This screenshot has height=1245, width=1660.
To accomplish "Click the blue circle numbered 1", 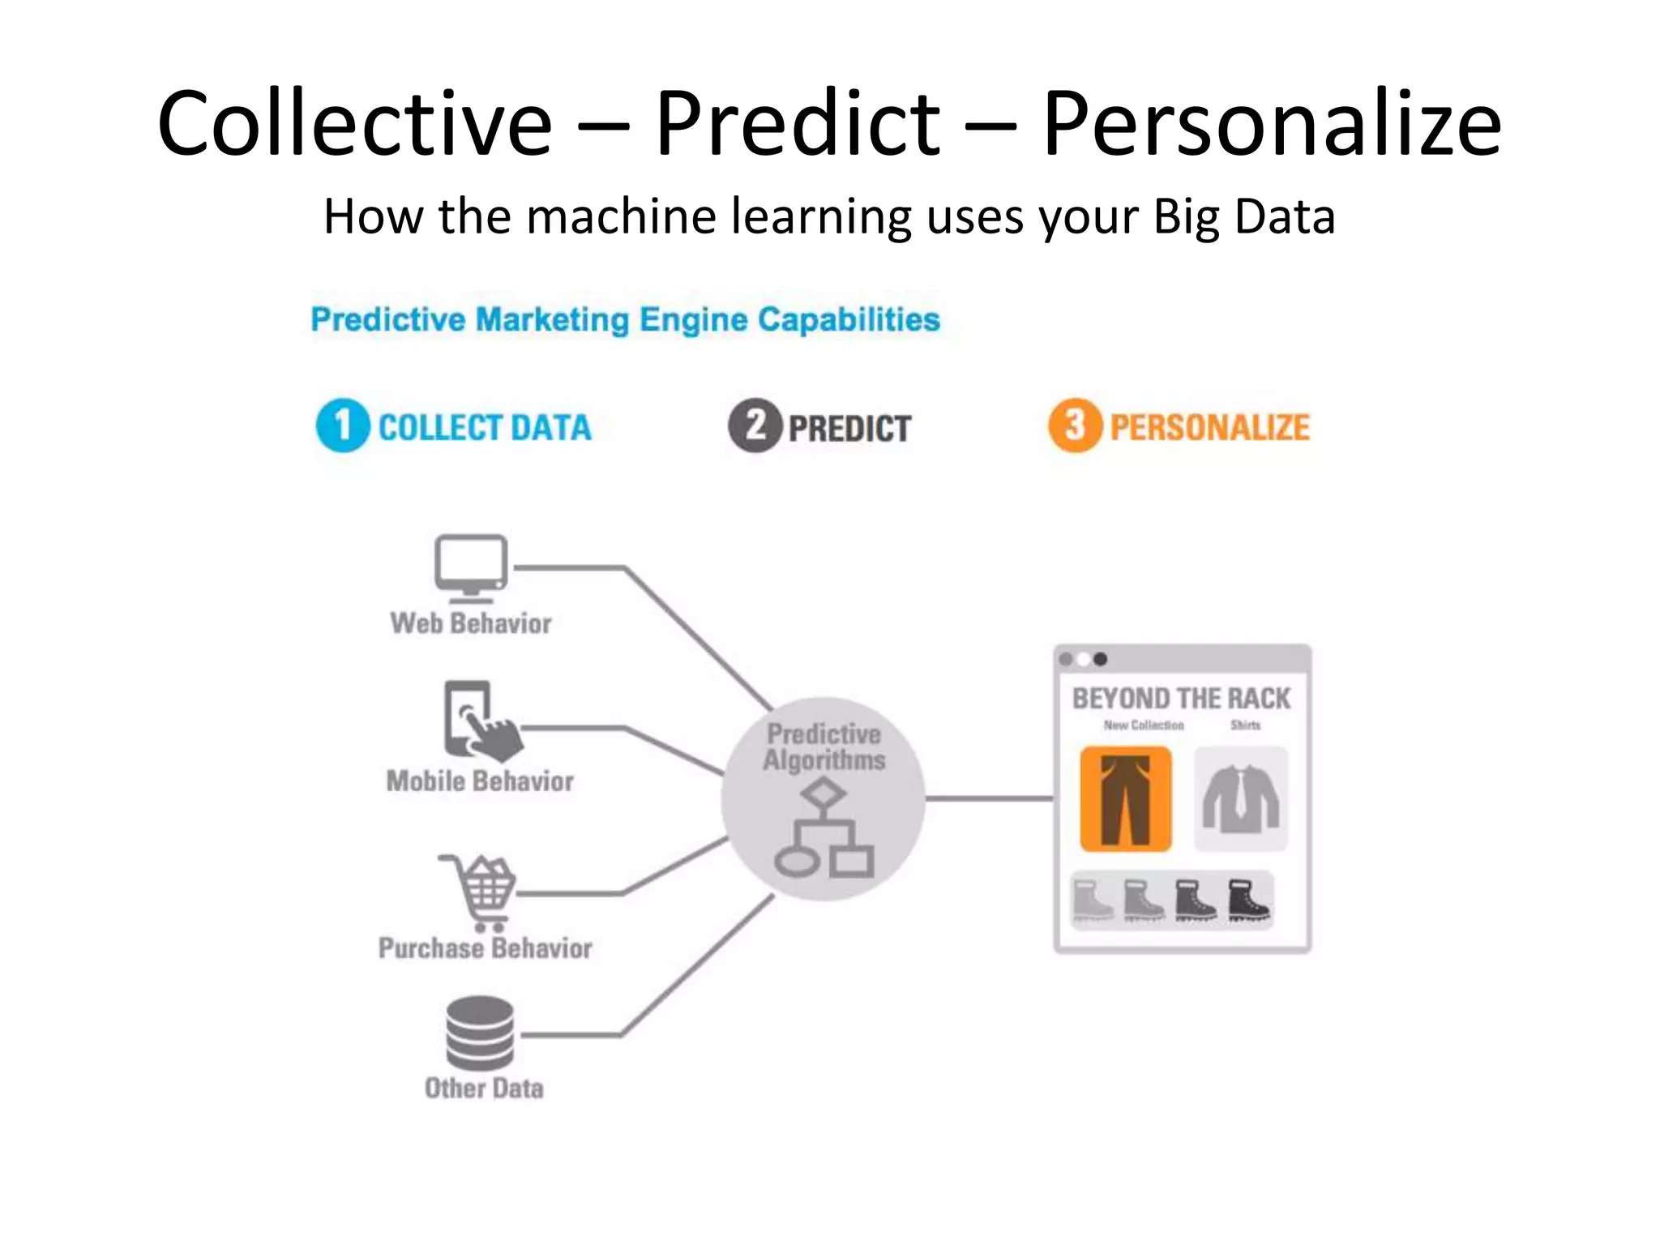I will [343, 426].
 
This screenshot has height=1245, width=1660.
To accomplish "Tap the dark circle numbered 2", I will [755, 426].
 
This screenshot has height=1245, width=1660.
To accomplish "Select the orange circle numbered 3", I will [1075, 426].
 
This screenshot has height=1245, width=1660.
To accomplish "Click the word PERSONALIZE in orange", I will [1209, 428].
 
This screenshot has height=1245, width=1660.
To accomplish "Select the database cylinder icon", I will [480, 1033].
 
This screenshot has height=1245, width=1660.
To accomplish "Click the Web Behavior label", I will [471, 623].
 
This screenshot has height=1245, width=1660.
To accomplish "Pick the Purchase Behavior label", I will [485, 948].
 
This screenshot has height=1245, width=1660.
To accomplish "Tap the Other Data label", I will [484, 1088].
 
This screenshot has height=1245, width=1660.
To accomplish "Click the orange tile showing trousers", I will [1126, 799].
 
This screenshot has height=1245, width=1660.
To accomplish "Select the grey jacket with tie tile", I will [1241, 799].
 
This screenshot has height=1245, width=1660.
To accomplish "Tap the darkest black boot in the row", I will [1248, 900].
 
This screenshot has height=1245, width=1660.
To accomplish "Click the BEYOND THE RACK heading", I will [1181, 699].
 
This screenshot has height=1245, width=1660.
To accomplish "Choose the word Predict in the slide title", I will [797, 123].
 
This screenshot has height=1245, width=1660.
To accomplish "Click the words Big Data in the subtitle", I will [1243, 217].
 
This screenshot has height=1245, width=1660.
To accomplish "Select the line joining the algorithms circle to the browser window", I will [989, 799].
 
